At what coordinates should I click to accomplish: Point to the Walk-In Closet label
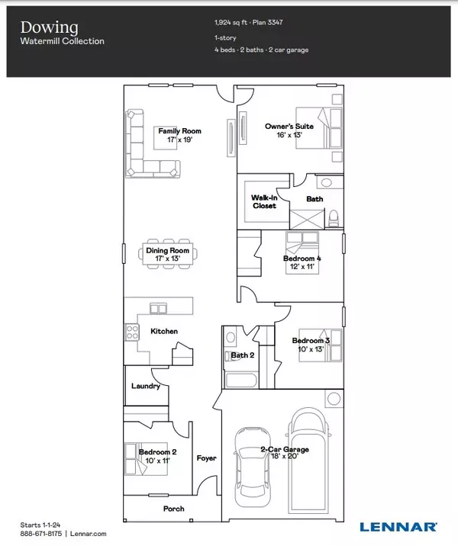click(263, 201)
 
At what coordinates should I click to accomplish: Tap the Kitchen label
click(164, 331)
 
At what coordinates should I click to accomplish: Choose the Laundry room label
click(145, 386)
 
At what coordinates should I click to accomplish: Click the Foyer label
click(206, 458)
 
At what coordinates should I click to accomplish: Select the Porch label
click(173, 509)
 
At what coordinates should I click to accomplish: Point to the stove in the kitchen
click(131, 332)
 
